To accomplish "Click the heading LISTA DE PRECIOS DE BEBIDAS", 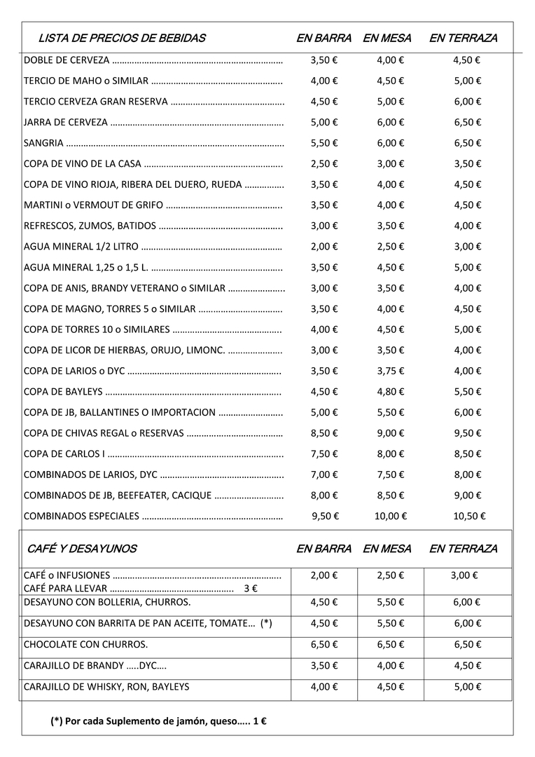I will [x=122, y=38].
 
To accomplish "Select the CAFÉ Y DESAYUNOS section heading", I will [x=82, y=548].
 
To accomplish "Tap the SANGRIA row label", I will [x=43, y=143].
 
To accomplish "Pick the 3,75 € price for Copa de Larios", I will [x=391, y=371].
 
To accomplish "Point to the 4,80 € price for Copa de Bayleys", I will [x=391, y=392].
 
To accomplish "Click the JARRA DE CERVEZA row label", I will [x=66, y=123].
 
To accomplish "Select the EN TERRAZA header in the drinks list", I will [x=463, y=38].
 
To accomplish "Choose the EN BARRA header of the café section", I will [x=324, y=548].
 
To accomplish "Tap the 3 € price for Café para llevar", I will [x=250, y=588].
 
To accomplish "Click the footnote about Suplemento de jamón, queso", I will [x=160, y=721].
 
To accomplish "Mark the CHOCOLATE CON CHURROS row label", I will [x=85, y=644].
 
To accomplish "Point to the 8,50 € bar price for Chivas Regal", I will [x=324, y=433].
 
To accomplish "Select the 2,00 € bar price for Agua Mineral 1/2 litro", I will [x=324, y=247].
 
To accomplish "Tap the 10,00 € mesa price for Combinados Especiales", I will [x=391, y=516].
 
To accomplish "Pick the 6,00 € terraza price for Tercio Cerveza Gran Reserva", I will [x=468, y=102].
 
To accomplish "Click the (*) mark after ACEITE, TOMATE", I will [x=265, y=623].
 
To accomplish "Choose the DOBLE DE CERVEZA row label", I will [x=67, y=60].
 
